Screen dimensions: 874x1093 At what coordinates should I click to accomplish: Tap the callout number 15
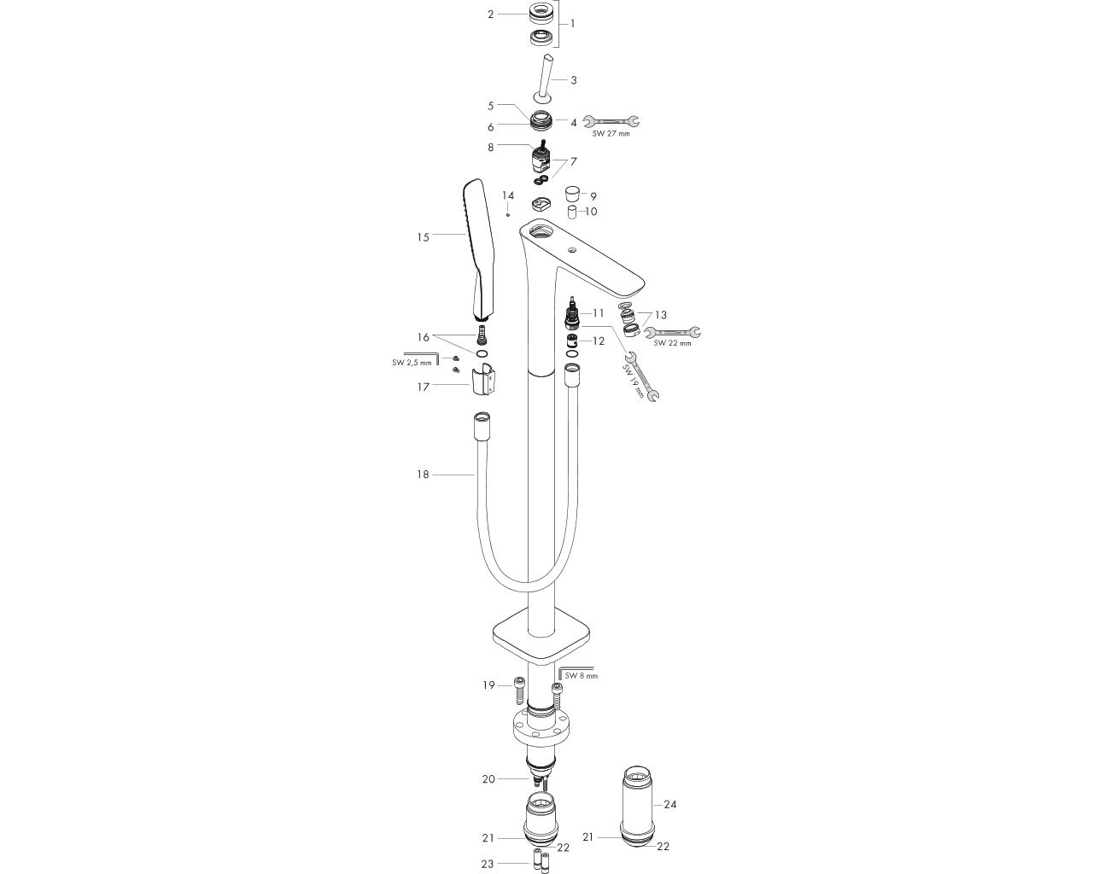[423, 237]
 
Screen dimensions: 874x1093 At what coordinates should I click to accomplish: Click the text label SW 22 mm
[673, 343]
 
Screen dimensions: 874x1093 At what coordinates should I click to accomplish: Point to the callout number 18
[423, 475]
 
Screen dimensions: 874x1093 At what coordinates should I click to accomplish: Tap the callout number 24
[670, 804]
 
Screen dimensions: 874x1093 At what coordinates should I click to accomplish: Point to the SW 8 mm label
[582, 676]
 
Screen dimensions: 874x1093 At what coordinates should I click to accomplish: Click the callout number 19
[488, 685]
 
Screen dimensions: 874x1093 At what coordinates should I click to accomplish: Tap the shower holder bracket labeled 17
[482, 379]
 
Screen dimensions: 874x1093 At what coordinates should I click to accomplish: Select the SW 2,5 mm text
[412, 363]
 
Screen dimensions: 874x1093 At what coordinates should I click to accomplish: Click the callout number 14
[508, 196]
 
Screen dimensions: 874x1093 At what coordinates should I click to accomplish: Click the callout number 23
[487, 864]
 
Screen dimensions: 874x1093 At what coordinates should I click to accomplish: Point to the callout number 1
[573, 23]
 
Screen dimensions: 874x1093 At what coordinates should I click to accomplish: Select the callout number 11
[599, 313]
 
